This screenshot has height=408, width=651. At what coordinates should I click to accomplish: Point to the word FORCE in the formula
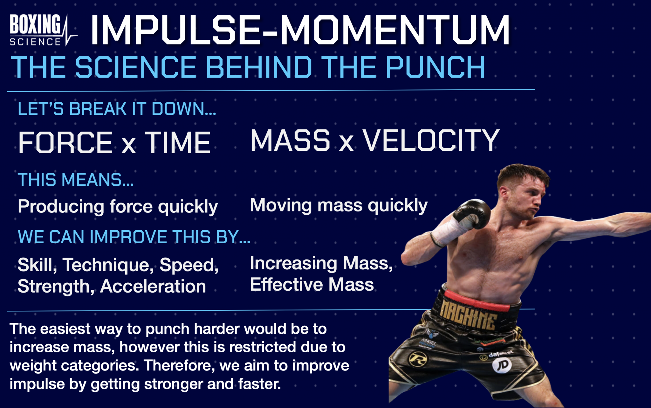tap(65, 143)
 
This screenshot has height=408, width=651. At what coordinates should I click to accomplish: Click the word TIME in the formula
tap(178, 143)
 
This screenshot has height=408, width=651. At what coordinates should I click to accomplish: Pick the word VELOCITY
tap(431, 140)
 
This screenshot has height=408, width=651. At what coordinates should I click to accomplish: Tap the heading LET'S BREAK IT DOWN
tap(117, 109)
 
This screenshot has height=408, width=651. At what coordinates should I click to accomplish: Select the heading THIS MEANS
tap(76, 180)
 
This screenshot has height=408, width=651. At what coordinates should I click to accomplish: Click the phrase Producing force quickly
tap(118, 207)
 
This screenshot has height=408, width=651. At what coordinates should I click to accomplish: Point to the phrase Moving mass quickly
tap(339, 205)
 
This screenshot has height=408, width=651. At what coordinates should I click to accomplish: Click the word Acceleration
tap(153, 286)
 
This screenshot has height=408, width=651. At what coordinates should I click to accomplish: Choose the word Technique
tap(108, 265)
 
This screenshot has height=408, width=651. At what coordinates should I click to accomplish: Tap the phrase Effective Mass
tap(312, 284)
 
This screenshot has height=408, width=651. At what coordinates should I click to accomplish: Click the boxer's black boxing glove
tap(472, 213)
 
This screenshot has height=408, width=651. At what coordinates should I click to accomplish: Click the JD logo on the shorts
tap(502, 365)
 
